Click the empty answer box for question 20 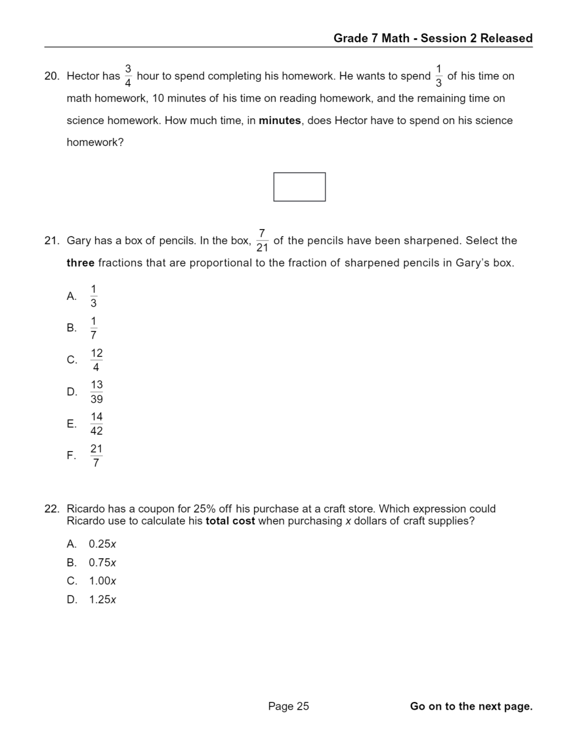coord(299,187)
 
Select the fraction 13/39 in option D coord(97,392)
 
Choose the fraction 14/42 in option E coord(97,424)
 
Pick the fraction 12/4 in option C coord(96,360)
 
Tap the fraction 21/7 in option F coord(96,456)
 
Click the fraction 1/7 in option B coord(93,328)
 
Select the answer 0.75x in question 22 coord(103,562)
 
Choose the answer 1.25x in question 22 coord(103,599)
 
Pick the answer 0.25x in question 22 coord(103,544)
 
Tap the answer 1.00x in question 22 coord(103,581)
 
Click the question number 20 coord(52,76)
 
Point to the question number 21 coord(52,241)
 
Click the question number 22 coord(52,509)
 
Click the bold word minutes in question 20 coord(280,121)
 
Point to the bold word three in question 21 coord(80,263)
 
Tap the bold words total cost coord(230,521)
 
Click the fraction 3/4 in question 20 coord(128,76)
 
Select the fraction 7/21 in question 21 coord(262,241)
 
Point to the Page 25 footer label coord(288,706)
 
